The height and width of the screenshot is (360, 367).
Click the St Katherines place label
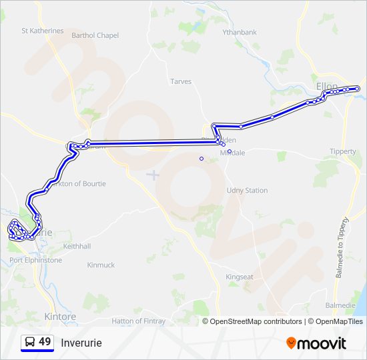[x=43, y=31]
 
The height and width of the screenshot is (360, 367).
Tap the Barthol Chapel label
[x=95, y=35]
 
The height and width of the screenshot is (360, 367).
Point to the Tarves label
[x=181, y=81]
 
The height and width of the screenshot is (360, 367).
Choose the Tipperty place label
[x=343, y=151]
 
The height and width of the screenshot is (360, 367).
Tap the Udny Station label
[x=247, y=190]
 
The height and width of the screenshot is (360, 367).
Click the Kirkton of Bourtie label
[x=79, y=183]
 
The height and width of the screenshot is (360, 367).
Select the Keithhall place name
[x=76, y=246]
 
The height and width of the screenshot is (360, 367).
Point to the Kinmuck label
[x=101, y=265]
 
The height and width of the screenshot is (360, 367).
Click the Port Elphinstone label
[x=35, y=260]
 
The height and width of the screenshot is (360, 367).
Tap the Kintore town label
[x=59, y=316]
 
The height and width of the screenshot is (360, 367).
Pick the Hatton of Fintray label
[x=138, y=321]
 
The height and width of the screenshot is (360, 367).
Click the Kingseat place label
[x=240, y=277]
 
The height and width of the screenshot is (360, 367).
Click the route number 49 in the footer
[x=45, y=342]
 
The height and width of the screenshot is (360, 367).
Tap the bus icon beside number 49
[x=30, y=343]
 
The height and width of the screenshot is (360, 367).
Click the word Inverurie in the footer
[x=81, y=343]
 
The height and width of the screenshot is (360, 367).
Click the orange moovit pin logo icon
[x=292, y=343]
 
